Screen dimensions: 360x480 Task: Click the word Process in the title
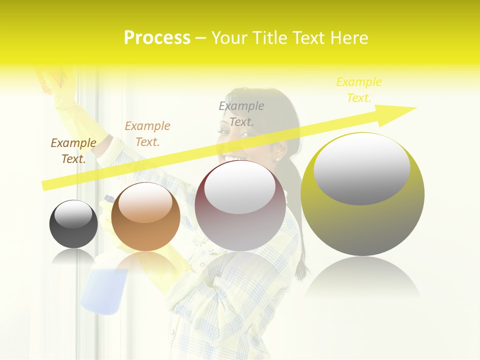[x=157, y=38]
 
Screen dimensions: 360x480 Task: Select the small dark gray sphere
[x=73, y=224]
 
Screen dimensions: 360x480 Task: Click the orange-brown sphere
[x=145, y=217]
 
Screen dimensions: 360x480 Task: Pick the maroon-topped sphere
[x=240, y=205]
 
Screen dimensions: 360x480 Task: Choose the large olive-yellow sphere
[x=362, y=194]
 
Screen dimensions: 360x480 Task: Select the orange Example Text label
[x=147, y=134]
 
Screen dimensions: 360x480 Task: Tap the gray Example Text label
[x=241, y=114]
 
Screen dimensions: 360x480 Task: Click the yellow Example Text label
[x=359, y=90]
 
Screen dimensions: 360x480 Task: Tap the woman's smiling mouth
[x=233, y=158]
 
